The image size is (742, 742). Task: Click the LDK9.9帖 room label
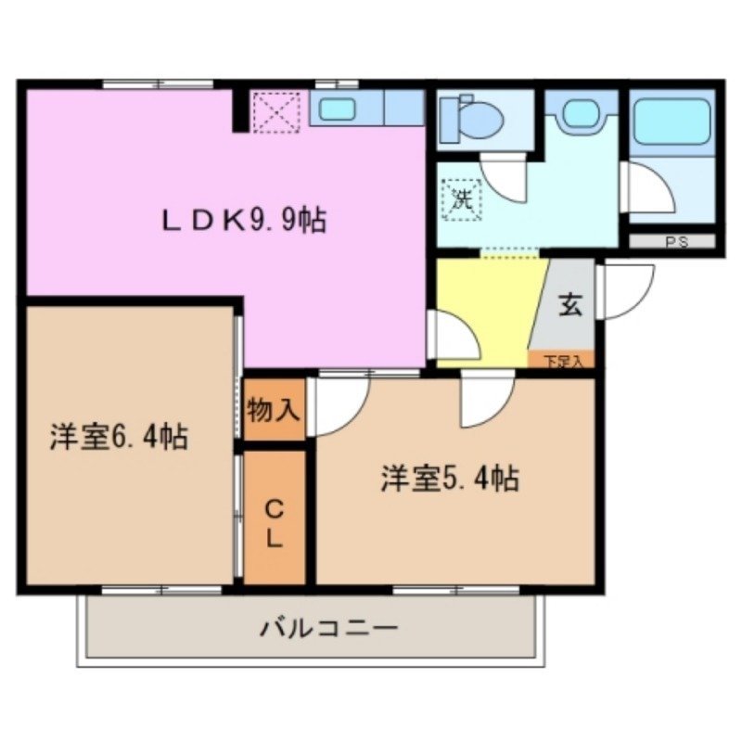coord(244,220)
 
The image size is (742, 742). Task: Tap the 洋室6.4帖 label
coord(121,434)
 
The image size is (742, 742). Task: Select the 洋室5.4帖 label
coord(449,479)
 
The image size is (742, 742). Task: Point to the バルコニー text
coord(328,629)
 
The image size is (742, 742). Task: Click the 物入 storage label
coord(275,409)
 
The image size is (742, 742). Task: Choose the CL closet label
coord(275,523)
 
